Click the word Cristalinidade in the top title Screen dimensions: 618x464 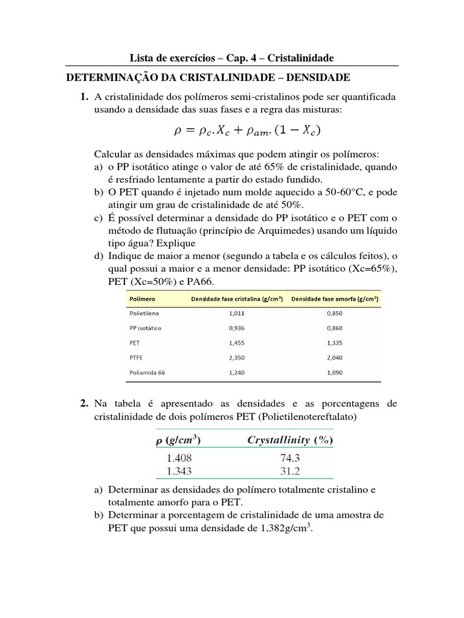tap(300, 58)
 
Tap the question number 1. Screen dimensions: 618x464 tap(83, 97)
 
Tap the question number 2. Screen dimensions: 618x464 tap(83, 403)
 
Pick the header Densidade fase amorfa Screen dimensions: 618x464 tap(334, 299)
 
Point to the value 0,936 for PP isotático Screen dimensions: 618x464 tap(237, 328)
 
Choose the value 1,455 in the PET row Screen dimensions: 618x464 tap(237, 343)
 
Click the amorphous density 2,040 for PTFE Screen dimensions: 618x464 tap(333, 358)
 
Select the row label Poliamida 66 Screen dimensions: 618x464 tap(147, 372)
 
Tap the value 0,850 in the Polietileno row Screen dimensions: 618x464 tap(333, 314)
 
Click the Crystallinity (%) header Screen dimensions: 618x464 tap(290, 440)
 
